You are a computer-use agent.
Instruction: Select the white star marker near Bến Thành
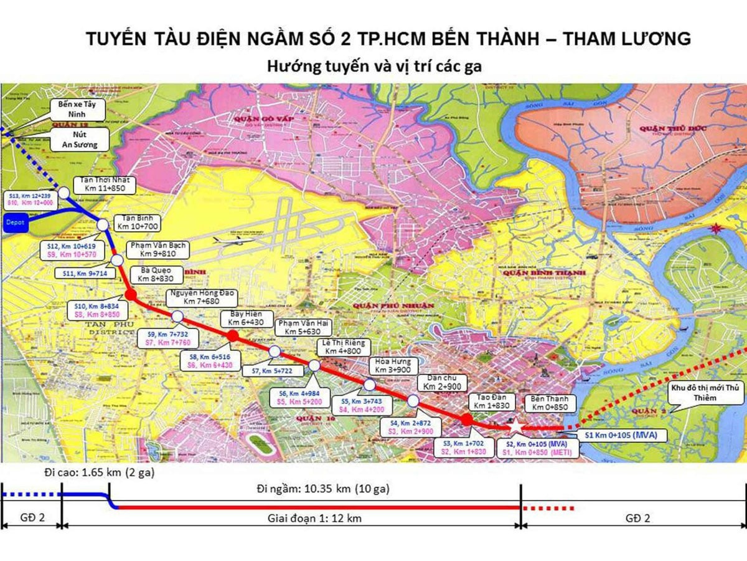coord(516,425)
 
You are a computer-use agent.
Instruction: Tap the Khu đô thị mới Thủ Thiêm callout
coord(704,393)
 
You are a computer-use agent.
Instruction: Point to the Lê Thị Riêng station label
coord(344,347)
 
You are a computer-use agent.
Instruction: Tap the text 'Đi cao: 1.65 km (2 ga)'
coord(99,473)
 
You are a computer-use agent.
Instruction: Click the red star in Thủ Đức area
coord(721,228)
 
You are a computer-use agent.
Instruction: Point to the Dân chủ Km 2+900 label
coord(442,383)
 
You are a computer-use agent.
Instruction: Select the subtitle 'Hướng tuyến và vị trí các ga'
coord(374,66)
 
